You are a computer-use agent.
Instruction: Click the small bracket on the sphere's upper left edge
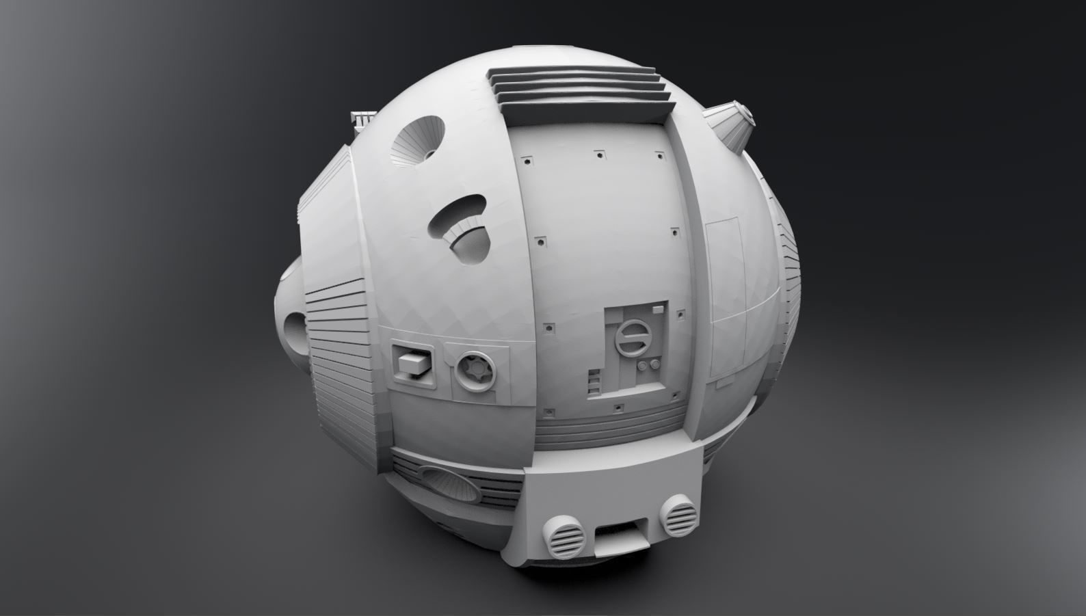tap(362, 122)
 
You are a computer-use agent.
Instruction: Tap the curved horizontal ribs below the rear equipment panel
tap(609, 431)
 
